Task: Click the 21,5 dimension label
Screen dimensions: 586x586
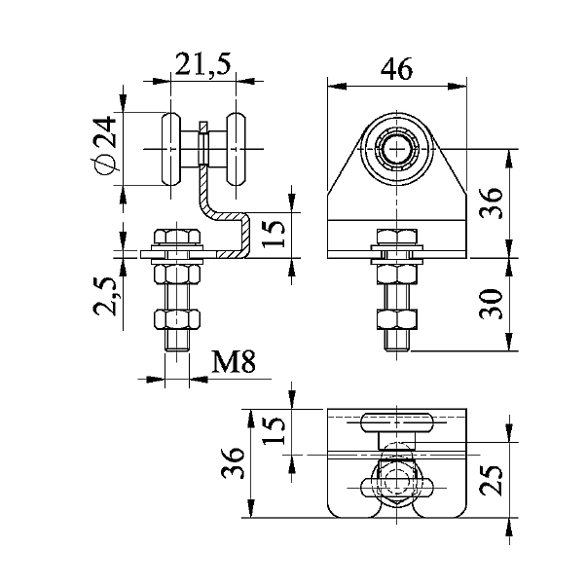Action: click(203, 64)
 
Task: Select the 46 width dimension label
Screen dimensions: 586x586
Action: click(396, 69)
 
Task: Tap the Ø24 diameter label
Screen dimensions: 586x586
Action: click(103, 145)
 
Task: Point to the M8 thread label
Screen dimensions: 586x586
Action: click(234, 361)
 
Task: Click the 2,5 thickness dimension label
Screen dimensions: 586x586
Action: click(105, 296)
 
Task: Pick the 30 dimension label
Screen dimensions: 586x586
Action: click(491, 304)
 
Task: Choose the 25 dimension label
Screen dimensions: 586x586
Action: click(491, 480)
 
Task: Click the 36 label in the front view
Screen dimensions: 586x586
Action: click(491, 202)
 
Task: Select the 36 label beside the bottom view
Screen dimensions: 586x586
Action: click(232, 462)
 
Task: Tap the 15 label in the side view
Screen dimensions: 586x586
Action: click(274, 234)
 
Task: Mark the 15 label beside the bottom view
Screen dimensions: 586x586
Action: click(274, 429)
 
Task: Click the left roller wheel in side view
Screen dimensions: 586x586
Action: click(171, 149)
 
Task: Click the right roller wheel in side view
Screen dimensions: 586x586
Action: click(237, 149)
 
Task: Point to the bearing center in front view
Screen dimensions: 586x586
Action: click(396, 149)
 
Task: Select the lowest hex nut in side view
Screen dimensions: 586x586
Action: click(177, 320)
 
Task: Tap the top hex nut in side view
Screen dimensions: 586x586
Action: click(177, 238)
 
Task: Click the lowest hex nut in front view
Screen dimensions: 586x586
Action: click(397, 319)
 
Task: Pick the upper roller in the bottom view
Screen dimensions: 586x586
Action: click(397, 422)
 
